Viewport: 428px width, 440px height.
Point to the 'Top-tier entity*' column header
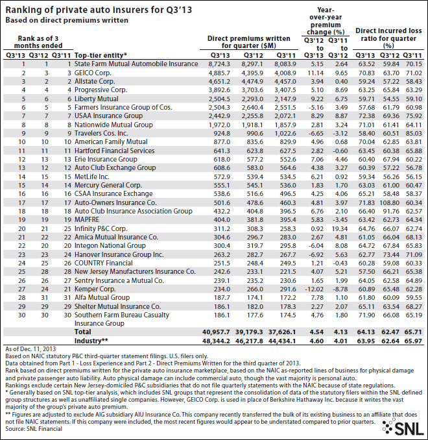[x=101, y=55]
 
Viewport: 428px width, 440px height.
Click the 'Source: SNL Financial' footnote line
[x=32, y=429]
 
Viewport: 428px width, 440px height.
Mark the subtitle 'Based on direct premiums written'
[x=65, y=20]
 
